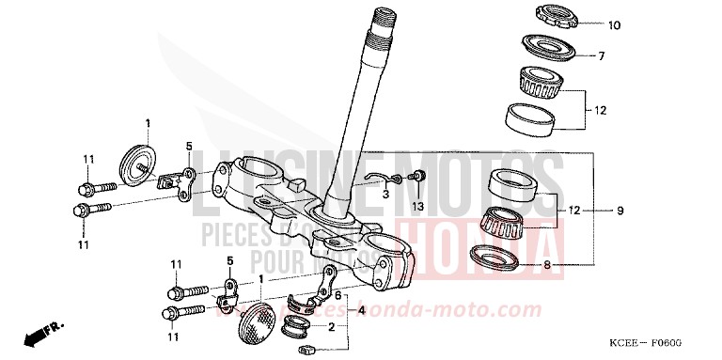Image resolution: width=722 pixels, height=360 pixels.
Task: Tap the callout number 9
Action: (x=620, y=211)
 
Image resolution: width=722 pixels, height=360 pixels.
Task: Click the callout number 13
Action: (x=418, y=205)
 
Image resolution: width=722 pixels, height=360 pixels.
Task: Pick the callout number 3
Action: (x=385, y=195)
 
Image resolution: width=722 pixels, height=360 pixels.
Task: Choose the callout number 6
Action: (x=337, y=294)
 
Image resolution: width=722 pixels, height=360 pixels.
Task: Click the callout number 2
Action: (x=330, y=327)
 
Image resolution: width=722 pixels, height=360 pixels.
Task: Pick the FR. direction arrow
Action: (x=40, y=331)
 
